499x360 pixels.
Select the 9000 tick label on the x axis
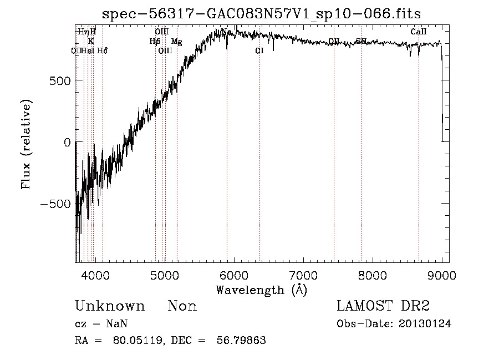point(442,275)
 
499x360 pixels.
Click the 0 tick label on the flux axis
point(67,143)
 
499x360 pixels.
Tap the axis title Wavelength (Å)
point(261,290)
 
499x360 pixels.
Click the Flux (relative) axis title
point(26,144)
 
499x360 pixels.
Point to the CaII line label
point(419,32)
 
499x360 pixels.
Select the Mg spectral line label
point(176,42)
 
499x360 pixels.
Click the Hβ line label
point(155,41)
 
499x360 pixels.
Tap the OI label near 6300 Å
point(259,50)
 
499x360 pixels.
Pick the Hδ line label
point(102,50)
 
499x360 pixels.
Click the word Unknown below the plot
point(110,306)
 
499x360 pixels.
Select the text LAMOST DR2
point(383,306)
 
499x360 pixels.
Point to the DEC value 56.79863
point(242,341)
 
